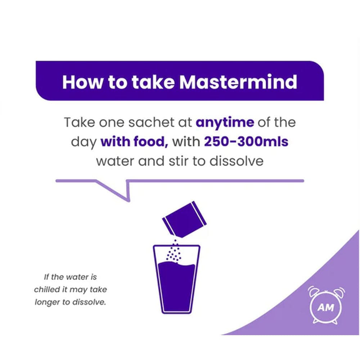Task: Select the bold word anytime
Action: pos(225,122)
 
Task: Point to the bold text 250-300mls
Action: pos(246,141)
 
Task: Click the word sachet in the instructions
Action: pos(144,122)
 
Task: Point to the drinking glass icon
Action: pos(176,284)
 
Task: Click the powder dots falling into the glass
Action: pos(174,250)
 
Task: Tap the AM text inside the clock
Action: pos(326,307)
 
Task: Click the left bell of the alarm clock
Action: pos(314,291)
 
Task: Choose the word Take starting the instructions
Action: pos(78,122)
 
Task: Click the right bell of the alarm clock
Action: pos(338,291)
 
